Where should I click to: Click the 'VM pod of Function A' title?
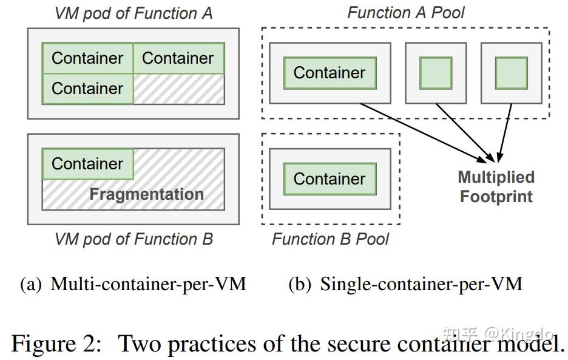click(134, 13)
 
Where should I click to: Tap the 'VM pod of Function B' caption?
click(134, 239)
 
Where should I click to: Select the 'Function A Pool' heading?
click(407, 13)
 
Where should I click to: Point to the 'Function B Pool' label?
click(330, 239)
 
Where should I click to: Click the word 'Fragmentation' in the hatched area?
click(146, 195)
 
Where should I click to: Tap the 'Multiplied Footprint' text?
click(496, 187)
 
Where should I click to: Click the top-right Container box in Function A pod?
click(178, 58)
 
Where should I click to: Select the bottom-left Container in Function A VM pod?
click(87, 89)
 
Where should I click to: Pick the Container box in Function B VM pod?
click(87, 164)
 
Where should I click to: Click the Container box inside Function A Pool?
click(330, 73)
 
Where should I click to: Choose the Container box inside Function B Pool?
click(330, 179)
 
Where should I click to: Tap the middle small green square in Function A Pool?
click(436, 73)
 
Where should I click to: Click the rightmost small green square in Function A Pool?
click(511, 73)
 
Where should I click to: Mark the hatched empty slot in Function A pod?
click(178, 89)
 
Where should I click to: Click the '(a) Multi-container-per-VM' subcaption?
click(134, 284)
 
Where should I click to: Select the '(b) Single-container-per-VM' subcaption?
click(405, 284)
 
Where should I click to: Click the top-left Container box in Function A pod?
click(87, 58)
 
